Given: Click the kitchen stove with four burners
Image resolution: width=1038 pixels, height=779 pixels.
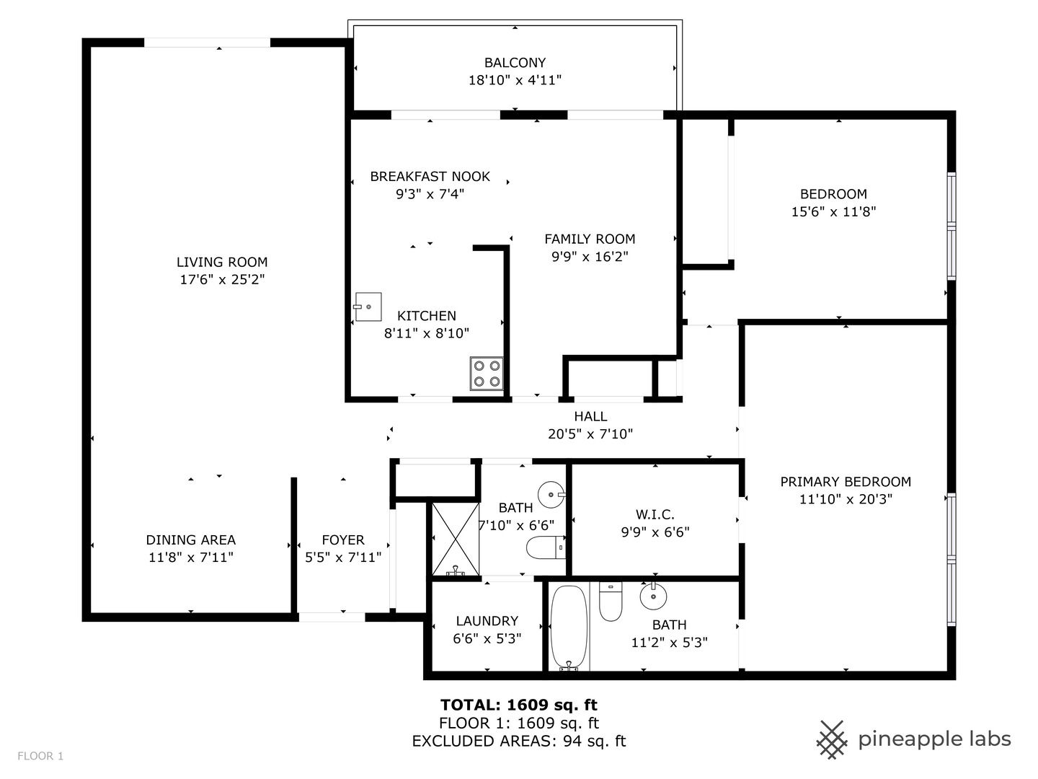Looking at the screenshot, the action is pyautogui.click(x=486, y=374).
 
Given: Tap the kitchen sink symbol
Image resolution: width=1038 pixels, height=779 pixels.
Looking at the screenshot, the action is pyautogui.click(x=368, y=307).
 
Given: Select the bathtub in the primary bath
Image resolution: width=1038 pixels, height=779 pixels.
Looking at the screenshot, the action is pyautogui.click(x=569, y=628).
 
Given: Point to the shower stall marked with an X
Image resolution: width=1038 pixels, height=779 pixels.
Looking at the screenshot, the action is pyautogui.click(x=456, y=540).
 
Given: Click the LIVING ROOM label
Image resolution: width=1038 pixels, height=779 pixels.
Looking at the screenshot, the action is pyautogui.click(x=222, y=262).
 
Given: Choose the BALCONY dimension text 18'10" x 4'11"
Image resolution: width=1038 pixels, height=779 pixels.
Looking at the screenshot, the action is pyautogui.click(x=515, y=80).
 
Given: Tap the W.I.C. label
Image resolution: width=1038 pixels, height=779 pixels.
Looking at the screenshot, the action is pyautogui.click(x=655, y=514).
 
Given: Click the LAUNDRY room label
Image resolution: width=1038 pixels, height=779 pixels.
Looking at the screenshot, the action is pyautogui.click(x=487, y=620).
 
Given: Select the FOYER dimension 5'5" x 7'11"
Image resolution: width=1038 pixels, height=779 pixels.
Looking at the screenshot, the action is pyautogui.click(x=343, y=557).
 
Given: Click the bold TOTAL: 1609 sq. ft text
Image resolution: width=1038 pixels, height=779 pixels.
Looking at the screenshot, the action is pyautogui.click(x=519, y=705).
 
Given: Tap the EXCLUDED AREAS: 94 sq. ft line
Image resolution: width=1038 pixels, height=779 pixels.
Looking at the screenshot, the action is pyautogui.click(x=519, y=741).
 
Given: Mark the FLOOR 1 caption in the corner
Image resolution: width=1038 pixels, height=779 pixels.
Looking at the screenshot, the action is pyautogui.click(x=40, y=756).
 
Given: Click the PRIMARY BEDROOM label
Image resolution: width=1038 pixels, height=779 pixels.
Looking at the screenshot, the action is pyautogui.click(x=846, y=482).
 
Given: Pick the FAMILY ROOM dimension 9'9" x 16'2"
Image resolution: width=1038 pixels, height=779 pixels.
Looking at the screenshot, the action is pyautogui.click(x=590, y=256).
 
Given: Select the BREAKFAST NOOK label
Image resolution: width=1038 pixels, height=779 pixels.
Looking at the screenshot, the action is pyautogui.click(x=430, y=177).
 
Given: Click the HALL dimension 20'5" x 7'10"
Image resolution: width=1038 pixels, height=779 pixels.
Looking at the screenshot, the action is pyautogui.click(x=590, y=433).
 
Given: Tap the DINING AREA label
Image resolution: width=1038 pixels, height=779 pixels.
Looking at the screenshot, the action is pyautogui.click(x=190, y=540).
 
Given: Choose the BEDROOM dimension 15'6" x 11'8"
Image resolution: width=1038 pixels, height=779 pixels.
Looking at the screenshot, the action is pyautogui.click(x=833, y=211).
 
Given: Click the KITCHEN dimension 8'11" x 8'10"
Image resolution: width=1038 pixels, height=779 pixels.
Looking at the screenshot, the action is pyautogui.click(x=426, y=333).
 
